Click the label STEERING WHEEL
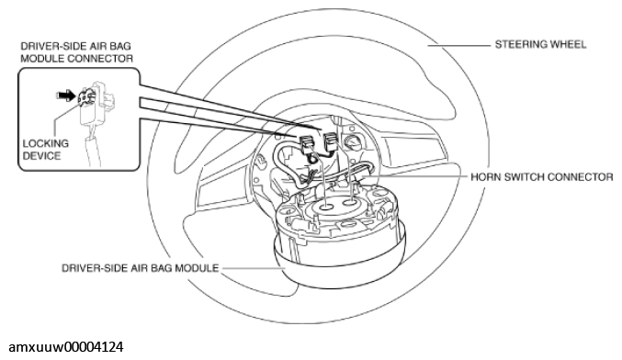tap(540, 44)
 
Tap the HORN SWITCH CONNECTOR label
tap(542, 177)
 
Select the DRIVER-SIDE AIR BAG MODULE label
tap(140, 268)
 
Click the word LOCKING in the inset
tap(46, 143)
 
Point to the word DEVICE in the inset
tap(41, 156)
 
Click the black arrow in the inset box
tap(65, 96)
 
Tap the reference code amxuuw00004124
tap(66, 347)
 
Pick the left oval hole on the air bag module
tap(326, 207)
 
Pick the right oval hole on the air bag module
tap(349, 203)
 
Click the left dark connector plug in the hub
tap(306, 143)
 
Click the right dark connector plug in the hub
tap(332, 142)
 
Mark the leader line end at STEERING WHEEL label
tap(491, 45)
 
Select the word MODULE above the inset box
tap(42, 59)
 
